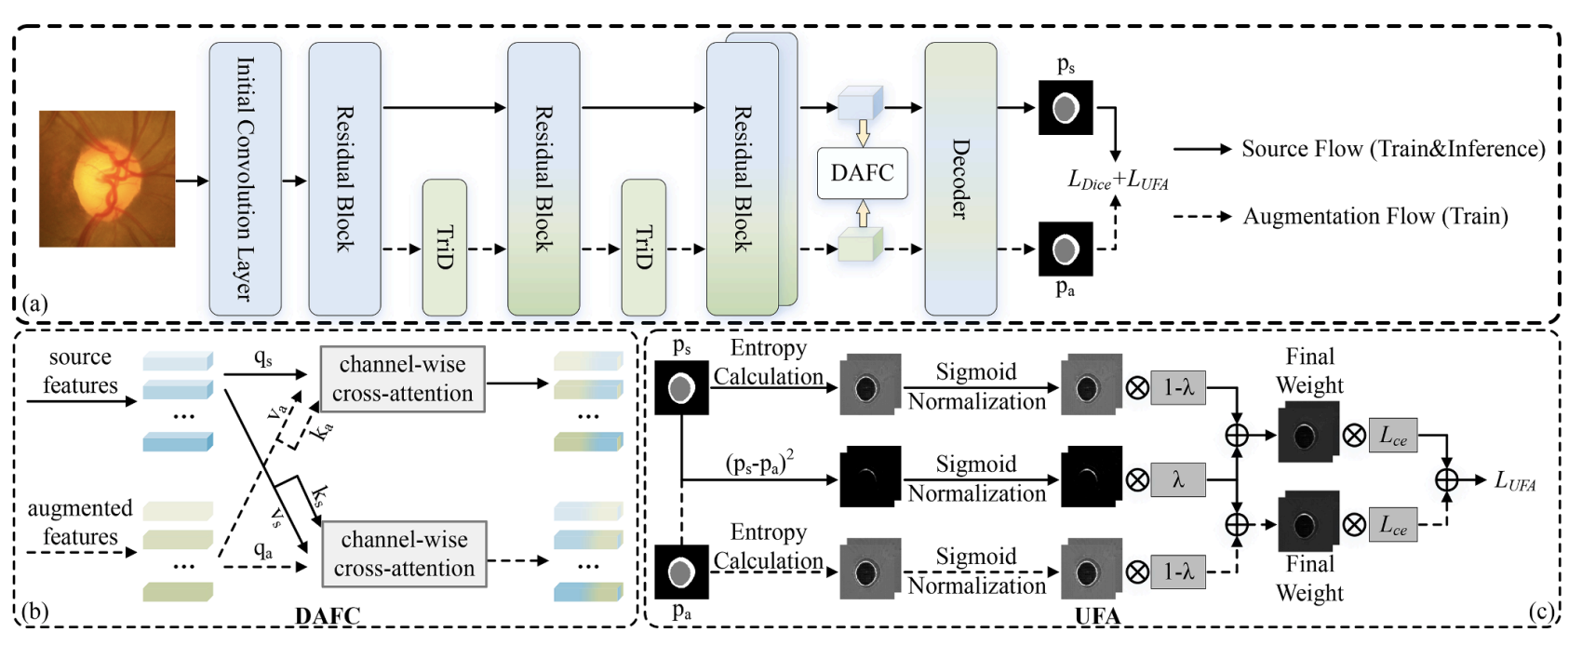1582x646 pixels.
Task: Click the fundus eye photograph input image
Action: click(107, 179)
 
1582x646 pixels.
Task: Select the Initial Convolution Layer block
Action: click(245, 179)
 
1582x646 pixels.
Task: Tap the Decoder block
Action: click(960, 179)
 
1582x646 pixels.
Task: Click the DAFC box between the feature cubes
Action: click(862, 173)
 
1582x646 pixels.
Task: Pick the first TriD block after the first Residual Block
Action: click(444, 248)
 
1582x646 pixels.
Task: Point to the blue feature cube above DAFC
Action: click(860, 104)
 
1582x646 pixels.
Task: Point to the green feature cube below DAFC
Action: click(860, 246)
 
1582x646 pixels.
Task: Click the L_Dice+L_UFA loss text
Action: click(1117, 181)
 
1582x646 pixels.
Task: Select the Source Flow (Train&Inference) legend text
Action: click(1393, 149)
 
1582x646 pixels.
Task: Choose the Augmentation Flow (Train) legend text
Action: click(1374, 217)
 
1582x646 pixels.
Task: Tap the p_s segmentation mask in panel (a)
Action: click(1066, 108)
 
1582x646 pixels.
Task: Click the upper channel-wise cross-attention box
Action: click(402, 379)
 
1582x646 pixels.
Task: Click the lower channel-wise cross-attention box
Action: click(404, 554)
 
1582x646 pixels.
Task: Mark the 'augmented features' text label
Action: click(80, 522)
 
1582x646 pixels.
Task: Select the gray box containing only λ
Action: click(1178, 479)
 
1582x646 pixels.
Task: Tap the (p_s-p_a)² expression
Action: click(759, 463)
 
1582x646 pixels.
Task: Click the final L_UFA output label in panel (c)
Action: click(1514, 481)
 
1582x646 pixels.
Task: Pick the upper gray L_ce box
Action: click(1392, 436)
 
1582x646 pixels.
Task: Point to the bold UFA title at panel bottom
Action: click(1097, 615)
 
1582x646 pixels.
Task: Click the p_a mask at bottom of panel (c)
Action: click(681, 572)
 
